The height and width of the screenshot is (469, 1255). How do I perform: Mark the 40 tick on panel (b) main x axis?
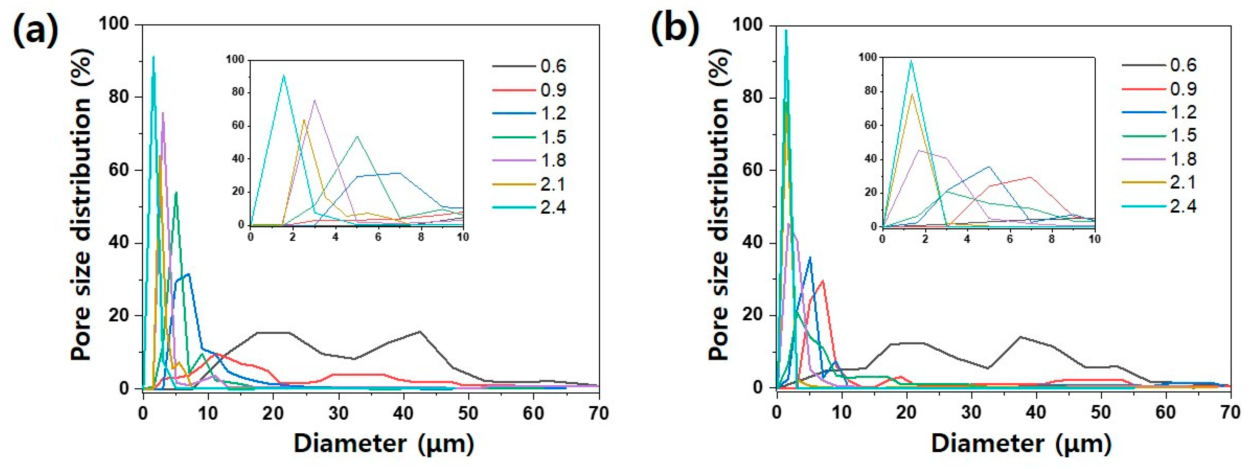tap(1036, 413)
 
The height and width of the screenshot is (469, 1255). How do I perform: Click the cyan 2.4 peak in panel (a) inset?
tap(283, 76)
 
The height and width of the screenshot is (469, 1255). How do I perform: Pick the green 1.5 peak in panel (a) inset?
tap(357, 136)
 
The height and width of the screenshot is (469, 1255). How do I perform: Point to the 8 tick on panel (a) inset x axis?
tap(421, 237)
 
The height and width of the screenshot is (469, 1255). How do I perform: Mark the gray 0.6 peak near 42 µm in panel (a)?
tap(420, 332)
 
